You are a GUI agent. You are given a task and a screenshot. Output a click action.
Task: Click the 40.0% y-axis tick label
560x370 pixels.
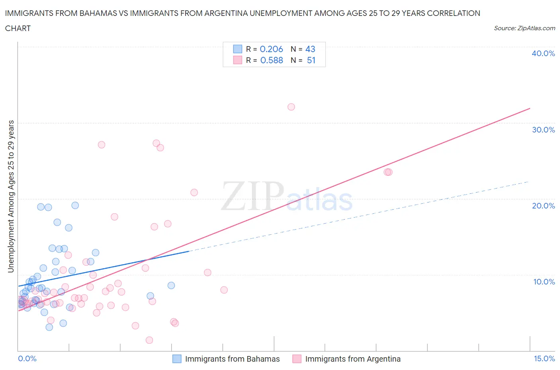point(543,53)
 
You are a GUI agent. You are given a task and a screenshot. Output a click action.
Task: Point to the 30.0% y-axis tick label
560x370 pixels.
point(543,130)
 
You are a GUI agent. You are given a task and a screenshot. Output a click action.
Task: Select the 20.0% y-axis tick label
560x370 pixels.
point(543,206)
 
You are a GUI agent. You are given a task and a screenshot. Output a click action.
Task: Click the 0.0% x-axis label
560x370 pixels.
point(27,358)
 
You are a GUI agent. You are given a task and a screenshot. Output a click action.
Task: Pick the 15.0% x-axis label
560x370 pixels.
point(544,358)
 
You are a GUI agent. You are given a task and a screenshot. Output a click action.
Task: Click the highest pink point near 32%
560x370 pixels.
point(291,107)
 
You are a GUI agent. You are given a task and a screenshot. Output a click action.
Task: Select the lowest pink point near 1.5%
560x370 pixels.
point(149,340)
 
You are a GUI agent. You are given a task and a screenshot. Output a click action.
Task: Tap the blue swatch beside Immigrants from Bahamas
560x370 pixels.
point(177,359)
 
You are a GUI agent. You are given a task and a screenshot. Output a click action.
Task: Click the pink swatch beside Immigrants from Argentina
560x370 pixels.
point(297,359)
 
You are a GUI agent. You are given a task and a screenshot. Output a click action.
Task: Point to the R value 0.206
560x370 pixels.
point(271,49)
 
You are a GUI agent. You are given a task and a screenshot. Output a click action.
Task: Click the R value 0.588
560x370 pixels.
point(272,60)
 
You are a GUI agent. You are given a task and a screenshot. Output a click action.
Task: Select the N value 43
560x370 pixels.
point(310,49)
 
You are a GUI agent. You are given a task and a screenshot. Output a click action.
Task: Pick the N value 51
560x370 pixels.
point(311,60)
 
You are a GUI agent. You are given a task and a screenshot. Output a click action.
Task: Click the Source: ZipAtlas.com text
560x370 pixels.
point(524,28)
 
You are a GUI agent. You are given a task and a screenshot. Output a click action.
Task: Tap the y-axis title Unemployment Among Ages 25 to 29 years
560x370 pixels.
point(11,196)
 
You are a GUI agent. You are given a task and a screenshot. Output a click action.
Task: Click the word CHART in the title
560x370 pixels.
point(18,28)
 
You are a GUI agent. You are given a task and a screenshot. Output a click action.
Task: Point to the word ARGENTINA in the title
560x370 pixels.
point(225,13)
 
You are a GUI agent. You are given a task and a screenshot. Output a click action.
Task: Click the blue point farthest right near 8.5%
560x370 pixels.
point(171,285)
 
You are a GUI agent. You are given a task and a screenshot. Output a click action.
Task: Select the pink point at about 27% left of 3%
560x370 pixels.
point(102,145)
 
